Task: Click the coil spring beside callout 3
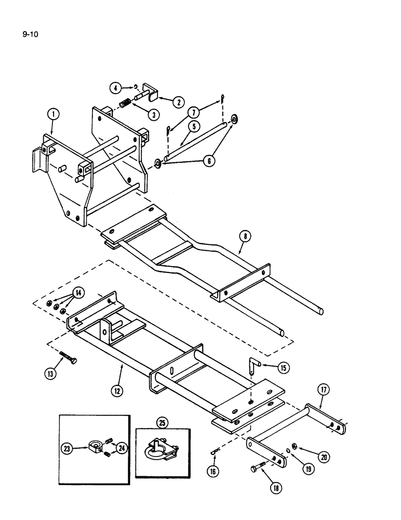pyautogui.click(x=125, y=104)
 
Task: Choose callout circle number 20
pyautogui.click(x=324, y=458)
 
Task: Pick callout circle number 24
pyautogui.click(x=122, y=447)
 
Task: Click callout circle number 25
pyautogui.click(x=163, y=423)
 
